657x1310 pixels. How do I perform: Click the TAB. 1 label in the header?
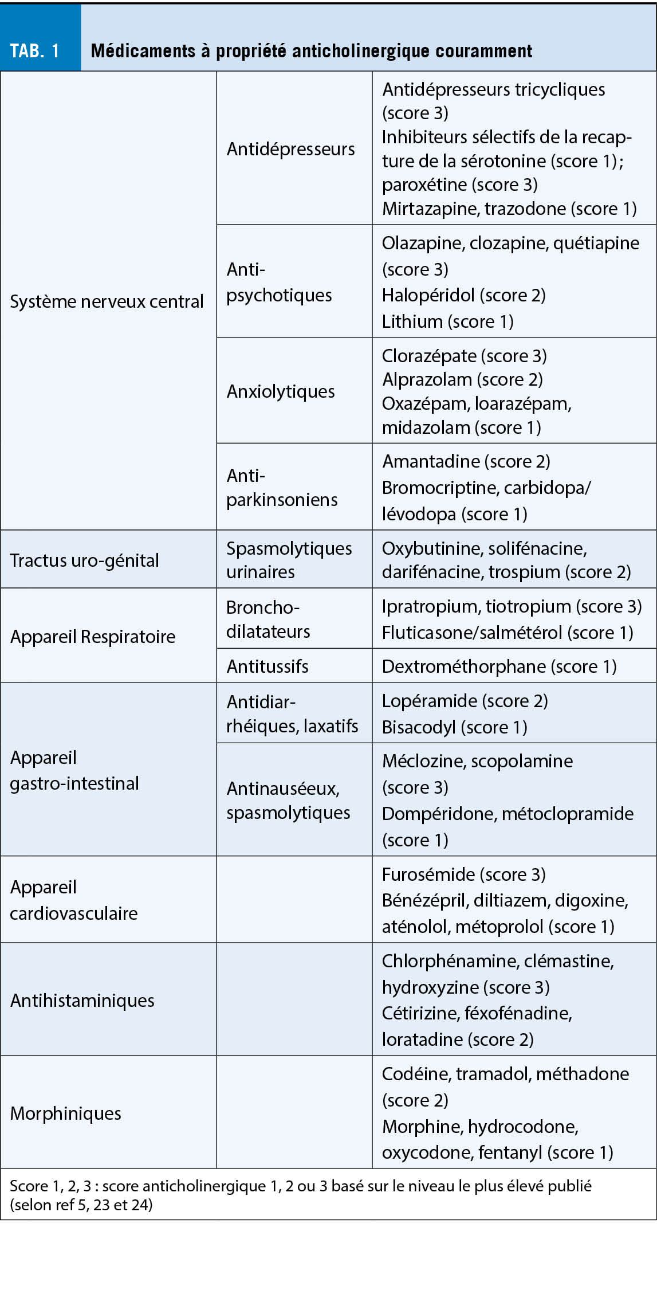35,51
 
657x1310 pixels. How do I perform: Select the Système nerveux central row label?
107,301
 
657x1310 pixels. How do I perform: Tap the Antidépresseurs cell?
290,149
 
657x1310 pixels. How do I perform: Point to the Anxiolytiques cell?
281,391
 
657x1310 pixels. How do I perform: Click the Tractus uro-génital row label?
84,560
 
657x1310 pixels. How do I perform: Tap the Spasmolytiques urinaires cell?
289,560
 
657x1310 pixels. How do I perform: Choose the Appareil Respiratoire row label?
93,637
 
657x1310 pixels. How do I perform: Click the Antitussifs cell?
267,666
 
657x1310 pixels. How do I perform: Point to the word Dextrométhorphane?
464,666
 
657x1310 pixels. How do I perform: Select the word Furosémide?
428,874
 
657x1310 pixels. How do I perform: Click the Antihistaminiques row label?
82,1001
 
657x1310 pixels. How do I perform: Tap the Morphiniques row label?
66,1113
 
